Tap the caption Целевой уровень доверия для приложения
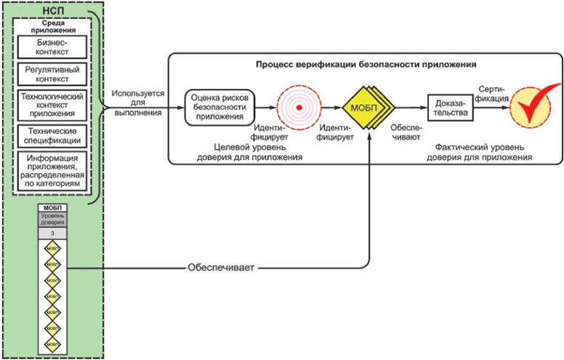[x=252, y=151]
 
